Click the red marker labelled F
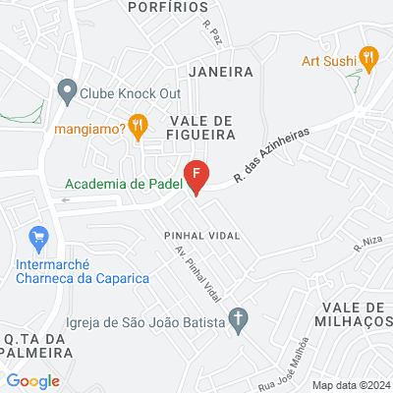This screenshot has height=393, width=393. click(x=196, y=175)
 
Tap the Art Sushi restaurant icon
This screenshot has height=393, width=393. click(x=368, y=58)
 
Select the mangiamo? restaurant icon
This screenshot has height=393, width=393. click(x=139, y=126)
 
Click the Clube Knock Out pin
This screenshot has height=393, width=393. click(x=68, y=93)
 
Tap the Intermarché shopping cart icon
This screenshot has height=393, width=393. click(x=40, y=238)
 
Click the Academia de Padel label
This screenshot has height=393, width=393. click(x=122, y=182)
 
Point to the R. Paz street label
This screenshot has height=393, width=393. click(x=211, y=34)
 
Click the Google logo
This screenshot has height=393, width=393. click(x=33, y=381)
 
